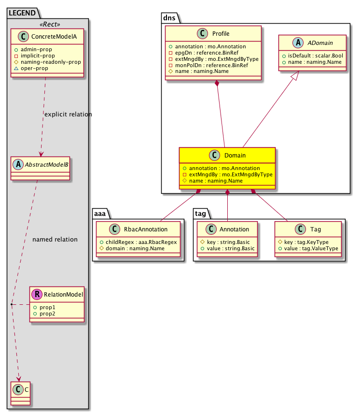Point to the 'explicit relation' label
68,114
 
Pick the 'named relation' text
55,239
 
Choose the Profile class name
221,34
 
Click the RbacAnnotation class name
144,230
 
